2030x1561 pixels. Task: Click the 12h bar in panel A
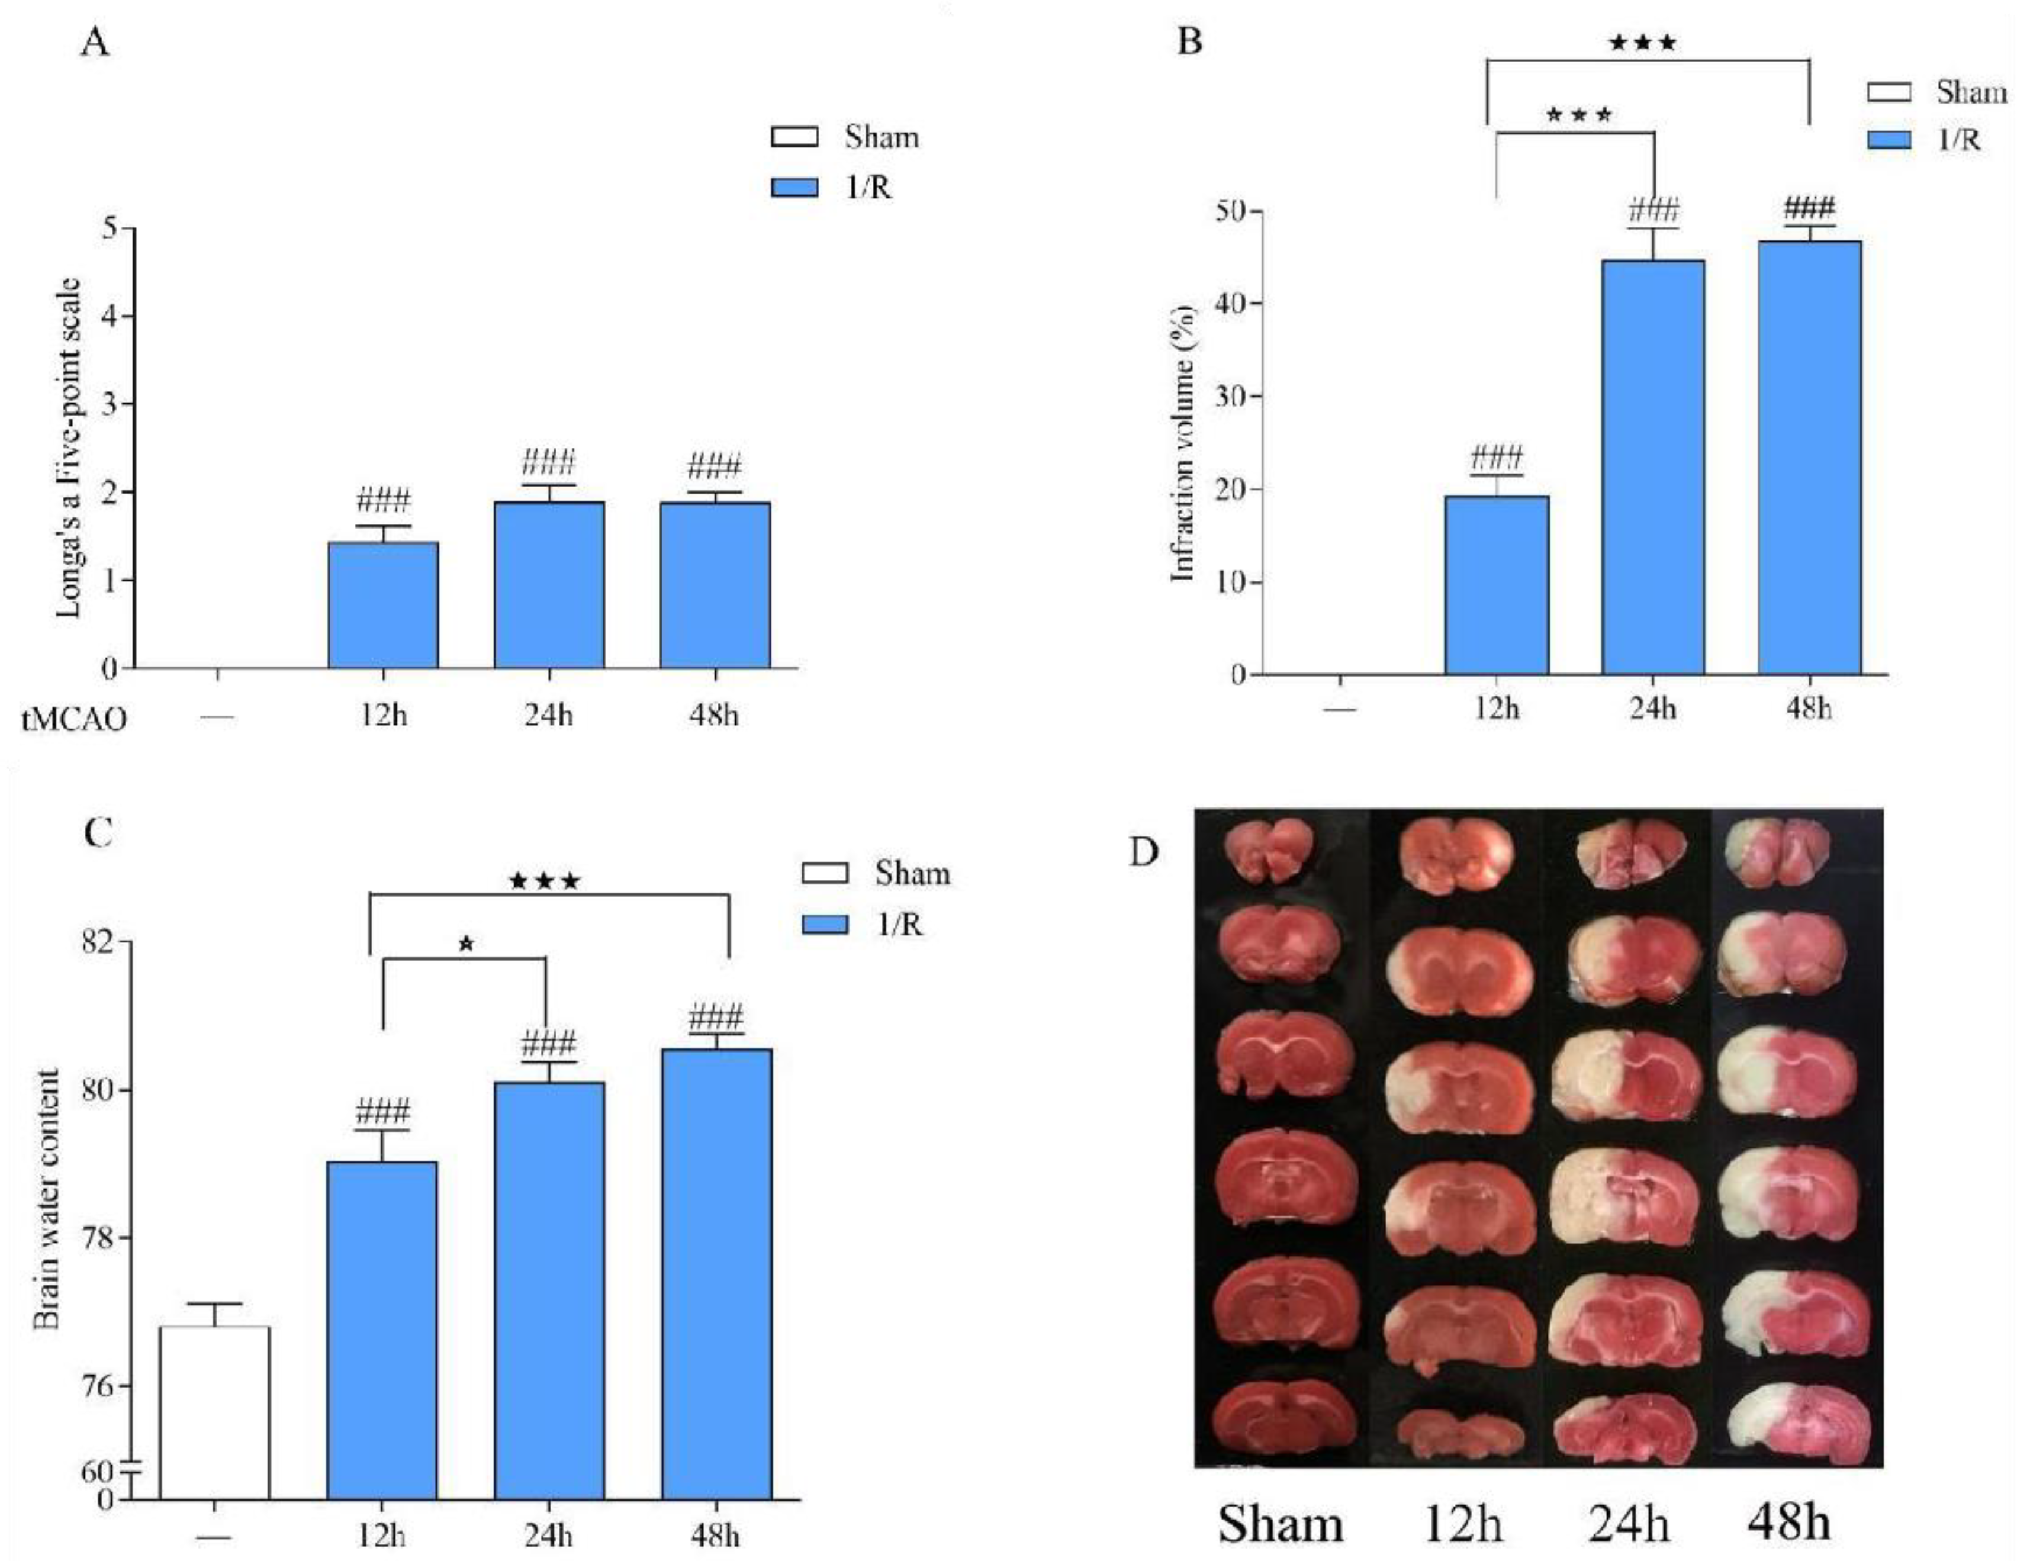pos(383,604)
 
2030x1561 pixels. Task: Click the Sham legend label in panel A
pos(881,137)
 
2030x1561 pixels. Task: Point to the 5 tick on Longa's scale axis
pos(111,228)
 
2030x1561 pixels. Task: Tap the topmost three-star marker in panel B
pos(1643,42)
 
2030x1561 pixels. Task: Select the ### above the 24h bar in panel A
pos(548,462)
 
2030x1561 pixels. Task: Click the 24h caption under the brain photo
pos(1627,1524)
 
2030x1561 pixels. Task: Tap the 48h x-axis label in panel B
pos(1808,709)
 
